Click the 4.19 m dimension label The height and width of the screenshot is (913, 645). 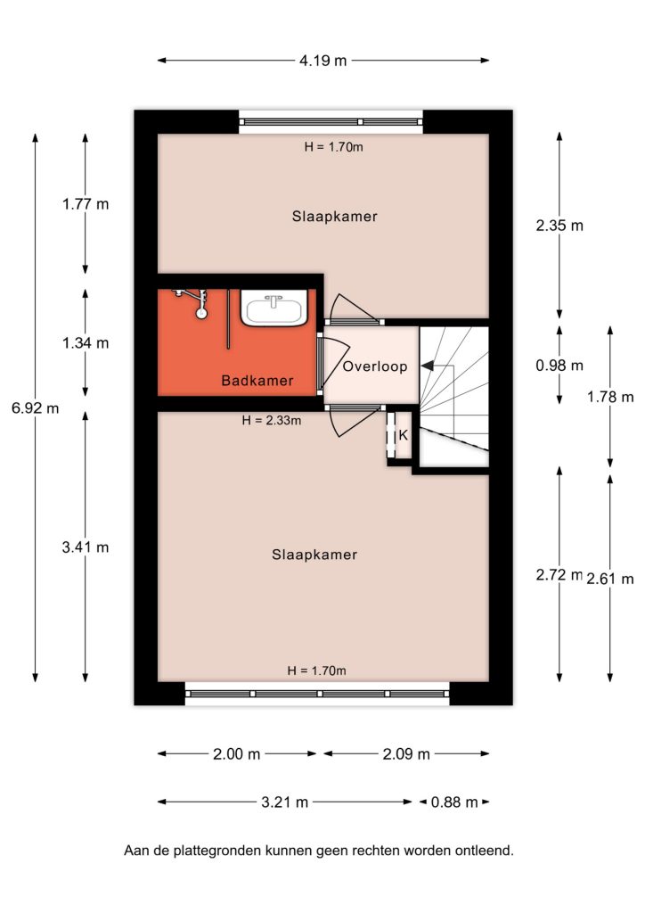[322, 60]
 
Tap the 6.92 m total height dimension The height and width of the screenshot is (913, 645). [36, 408]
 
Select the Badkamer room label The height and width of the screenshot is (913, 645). [257, 381]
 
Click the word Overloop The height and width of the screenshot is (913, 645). [375, 366]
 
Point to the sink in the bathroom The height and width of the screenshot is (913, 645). [274, 308]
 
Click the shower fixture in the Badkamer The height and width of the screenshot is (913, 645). [194, 302]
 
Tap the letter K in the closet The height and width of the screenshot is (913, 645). [403, 435]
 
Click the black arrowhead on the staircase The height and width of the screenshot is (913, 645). [428, 366]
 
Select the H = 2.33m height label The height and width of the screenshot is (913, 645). [272, 420]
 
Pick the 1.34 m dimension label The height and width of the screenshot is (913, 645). [86, 343]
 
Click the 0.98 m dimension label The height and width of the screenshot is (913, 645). [559, 365]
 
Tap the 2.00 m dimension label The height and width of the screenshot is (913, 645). [237, 754]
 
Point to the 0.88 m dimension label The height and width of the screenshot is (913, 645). [454, 802]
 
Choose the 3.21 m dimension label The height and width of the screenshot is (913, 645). [284, 802]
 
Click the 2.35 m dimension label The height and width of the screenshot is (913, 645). [559, 226]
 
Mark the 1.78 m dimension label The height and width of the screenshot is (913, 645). [610, 397]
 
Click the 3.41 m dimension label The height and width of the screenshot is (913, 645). [86, 547]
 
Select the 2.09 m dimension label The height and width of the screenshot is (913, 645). [406, 754]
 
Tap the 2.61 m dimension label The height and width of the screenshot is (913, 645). [610, 579]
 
